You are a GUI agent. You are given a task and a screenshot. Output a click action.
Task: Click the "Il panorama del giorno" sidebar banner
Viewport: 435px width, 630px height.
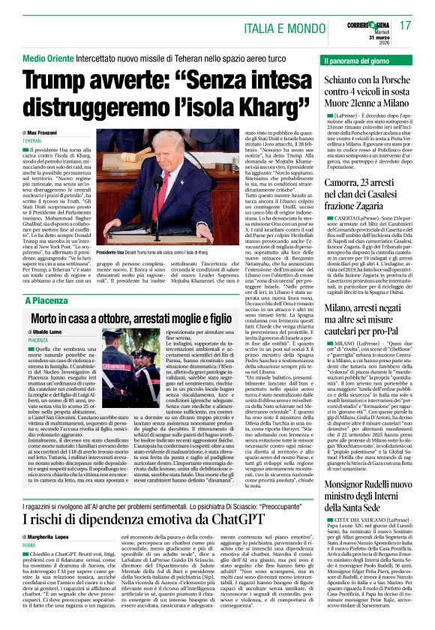pyautogui.click(x=358, y=59)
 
